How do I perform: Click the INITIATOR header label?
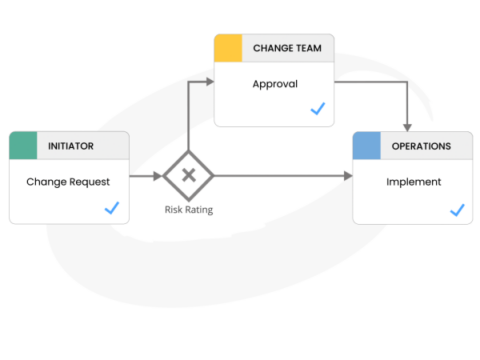[x=71, y=146]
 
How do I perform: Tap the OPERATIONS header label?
[x=420, y=146]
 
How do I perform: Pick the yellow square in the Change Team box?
[x=229, y=47]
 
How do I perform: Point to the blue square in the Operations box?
[x=366, y=146]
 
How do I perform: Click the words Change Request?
[x=68, y=182]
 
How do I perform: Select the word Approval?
[x=274, y=83]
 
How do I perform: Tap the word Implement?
[x=413, y=182]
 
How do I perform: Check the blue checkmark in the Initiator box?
[x=112, y=208]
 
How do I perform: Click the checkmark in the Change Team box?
[x=318, y=109]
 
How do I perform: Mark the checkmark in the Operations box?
[x=457, y=210]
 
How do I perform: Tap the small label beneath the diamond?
[x=188, y=210]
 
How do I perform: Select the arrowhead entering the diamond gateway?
[x=159, y=177]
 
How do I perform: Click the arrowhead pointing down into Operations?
[x=407, y=126]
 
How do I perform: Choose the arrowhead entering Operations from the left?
[x=348, y=177]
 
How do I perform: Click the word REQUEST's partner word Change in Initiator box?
[x=46, y=182]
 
